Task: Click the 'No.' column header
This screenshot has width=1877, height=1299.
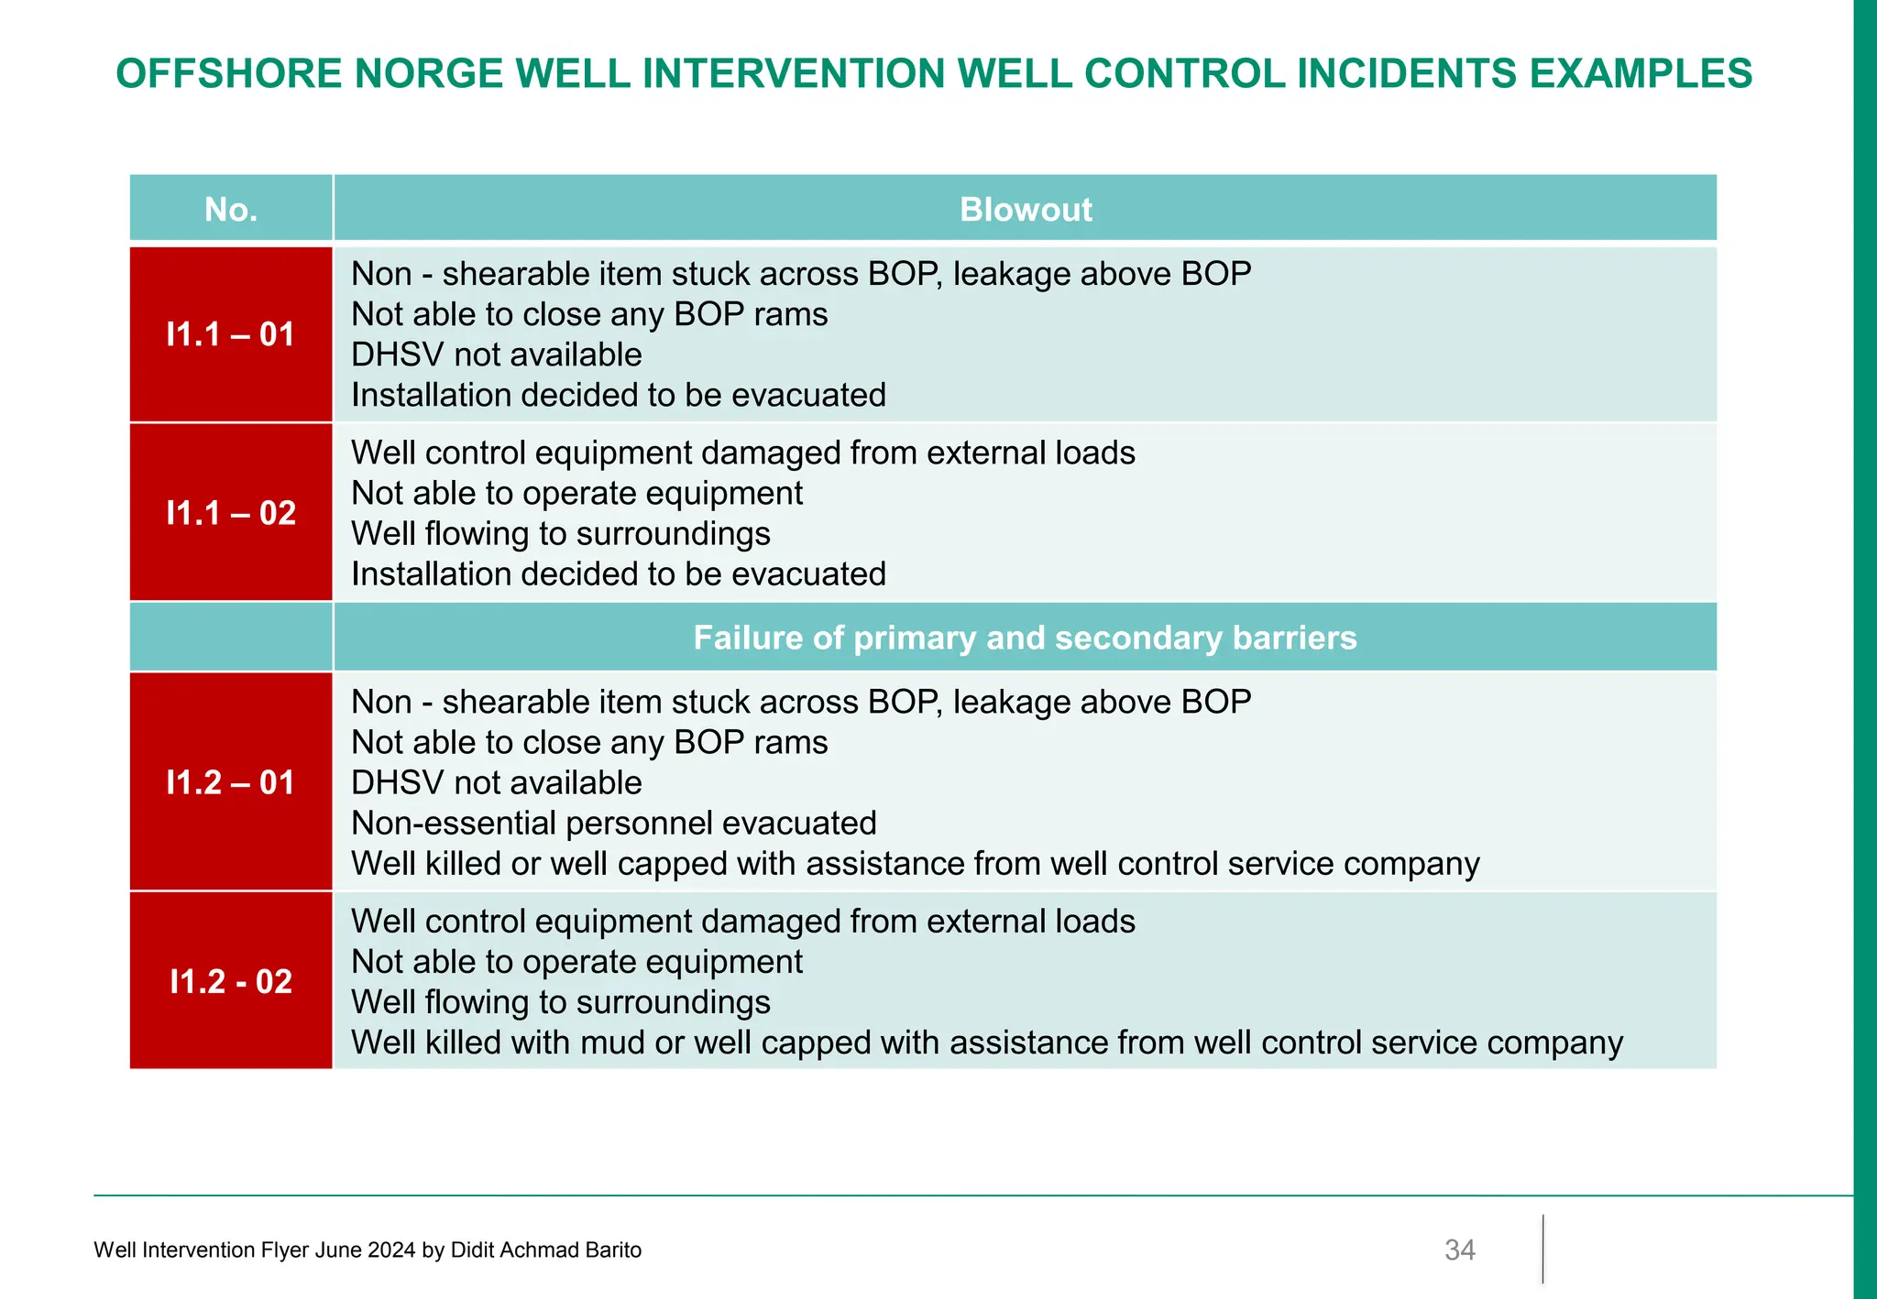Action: tap(231, 210)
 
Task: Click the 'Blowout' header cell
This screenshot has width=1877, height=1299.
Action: tap(1025, 210)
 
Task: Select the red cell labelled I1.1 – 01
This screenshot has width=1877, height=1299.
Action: tap(231, 334)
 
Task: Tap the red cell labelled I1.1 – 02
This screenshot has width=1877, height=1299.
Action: tap(231, 513)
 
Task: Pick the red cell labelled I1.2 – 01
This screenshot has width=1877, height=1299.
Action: tap(231, 782)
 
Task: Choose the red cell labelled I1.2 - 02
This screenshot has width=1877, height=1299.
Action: tap(231, 981)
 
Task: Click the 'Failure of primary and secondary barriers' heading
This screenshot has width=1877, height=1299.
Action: tap(1025, 638)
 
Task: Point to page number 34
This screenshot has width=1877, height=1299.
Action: tap(1459, 1250)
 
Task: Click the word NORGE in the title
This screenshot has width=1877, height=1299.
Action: tap(429, 73)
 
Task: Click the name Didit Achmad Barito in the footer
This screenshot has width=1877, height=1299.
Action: tap(545, 1250)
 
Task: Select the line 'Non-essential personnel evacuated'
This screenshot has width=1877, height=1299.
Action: tap(613, 823)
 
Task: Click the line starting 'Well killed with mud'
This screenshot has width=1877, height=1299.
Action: tap(986, 1042)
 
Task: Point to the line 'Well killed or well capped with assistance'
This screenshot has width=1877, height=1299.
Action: tap(915, 863)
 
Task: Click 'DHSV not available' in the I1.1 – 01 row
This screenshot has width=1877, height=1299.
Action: tap(496, 355)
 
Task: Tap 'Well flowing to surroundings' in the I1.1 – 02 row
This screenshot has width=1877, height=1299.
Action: tap(560, 533)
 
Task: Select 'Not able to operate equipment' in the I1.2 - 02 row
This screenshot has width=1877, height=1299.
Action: tap(576, 962)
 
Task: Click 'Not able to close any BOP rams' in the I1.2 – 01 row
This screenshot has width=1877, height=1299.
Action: tap(589, 742)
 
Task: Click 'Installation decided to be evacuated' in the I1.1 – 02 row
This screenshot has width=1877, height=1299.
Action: tap(619, 573)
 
